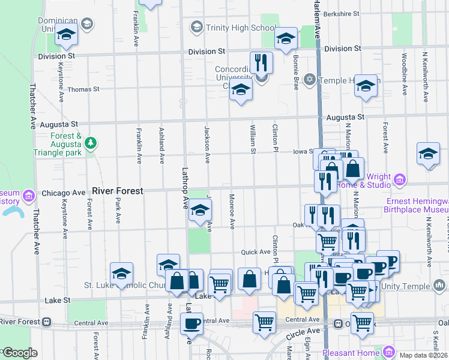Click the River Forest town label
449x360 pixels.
point(118,191)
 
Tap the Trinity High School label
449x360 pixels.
point(232,28)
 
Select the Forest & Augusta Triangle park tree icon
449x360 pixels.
point(90,143)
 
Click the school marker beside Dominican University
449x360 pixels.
point(67,36)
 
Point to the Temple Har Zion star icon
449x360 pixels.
point(310,79)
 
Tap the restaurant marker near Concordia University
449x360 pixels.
point(261,62)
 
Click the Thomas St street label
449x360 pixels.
point(83,89)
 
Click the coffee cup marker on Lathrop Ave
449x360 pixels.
point(191,323)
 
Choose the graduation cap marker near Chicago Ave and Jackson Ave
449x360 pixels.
point(200,210)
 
